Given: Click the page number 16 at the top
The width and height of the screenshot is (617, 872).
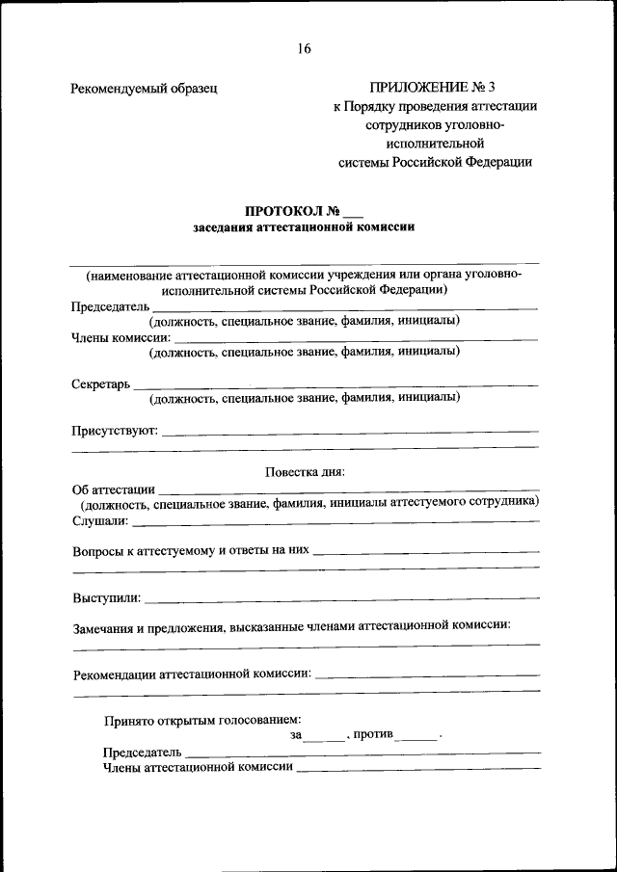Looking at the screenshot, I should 305,48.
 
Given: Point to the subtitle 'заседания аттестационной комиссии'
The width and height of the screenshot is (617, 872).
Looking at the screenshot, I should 304,228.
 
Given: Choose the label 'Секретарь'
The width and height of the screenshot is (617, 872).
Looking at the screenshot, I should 100,383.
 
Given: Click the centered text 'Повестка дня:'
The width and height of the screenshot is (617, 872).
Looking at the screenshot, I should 305,471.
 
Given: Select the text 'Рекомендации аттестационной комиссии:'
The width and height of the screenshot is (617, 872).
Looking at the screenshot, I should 192,674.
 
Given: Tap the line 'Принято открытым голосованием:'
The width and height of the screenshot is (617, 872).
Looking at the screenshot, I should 202,719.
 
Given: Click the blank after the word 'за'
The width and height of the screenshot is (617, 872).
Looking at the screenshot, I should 324,736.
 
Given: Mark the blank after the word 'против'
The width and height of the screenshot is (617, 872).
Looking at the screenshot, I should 417,736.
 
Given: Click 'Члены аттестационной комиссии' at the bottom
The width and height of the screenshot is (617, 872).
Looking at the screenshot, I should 198,768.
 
